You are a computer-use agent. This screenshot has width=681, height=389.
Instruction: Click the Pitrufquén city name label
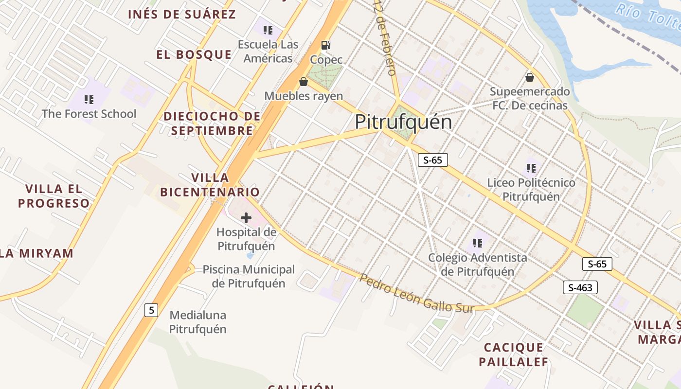403,122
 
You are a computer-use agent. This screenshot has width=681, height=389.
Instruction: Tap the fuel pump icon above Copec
326,45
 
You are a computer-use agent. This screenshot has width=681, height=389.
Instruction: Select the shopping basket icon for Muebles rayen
304,82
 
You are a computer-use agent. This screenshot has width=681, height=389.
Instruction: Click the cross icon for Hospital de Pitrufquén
246,218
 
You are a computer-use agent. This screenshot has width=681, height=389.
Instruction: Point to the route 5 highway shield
151,310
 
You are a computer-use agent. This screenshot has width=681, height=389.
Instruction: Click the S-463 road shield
580,287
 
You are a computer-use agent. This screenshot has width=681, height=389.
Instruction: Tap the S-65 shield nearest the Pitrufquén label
432,160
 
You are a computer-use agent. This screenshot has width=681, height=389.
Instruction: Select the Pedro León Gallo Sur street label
416,293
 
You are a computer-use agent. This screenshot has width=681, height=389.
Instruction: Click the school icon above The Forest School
89,100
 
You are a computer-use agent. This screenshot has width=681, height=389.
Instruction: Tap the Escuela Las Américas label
268,52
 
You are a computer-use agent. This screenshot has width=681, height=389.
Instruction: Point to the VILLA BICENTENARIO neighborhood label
210,184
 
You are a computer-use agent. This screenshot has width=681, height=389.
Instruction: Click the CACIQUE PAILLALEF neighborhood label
513,354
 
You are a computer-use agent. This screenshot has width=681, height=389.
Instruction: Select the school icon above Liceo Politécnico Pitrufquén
531,168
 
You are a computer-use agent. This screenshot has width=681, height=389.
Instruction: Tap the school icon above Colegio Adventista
477,243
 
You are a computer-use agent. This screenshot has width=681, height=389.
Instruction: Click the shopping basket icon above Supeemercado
530,77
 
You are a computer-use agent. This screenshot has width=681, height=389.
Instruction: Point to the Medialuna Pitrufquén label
197,322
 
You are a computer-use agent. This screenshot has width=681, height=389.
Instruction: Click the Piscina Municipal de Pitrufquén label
249,276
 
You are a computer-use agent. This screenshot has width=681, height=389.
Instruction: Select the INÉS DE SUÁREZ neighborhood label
182,14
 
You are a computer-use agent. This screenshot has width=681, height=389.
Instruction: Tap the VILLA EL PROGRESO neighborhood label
54,196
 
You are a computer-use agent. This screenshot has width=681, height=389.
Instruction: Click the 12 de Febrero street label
384,37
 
